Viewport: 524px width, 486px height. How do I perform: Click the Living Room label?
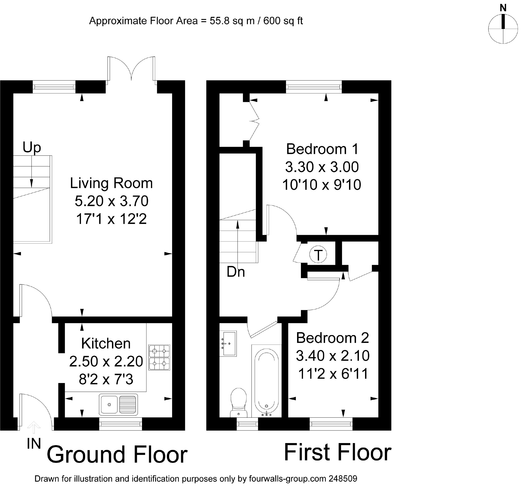[111, 183]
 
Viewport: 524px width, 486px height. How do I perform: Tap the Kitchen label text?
[106, 343]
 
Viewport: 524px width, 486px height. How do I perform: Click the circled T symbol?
[318, 255]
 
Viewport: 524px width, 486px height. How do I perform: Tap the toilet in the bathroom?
[239, 402]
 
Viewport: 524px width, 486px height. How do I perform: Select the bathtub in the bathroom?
[267, 381]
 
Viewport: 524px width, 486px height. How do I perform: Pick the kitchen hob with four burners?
[159, 357]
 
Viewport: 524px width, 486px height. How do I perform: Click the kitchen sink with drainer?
[118, 405]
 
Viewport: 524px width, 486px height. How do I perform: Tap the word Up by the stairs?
[32, 148]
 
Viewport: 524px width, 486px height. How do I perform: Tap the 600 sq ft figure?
[283, 21]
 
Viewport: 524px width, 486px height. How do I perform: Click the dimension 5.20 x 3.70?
[112, 201]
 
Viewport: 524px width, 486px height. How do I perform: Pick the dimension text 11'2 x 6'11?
[333, 373]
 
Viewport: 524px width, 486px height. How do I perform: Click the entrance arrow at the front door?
[34, 427]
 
